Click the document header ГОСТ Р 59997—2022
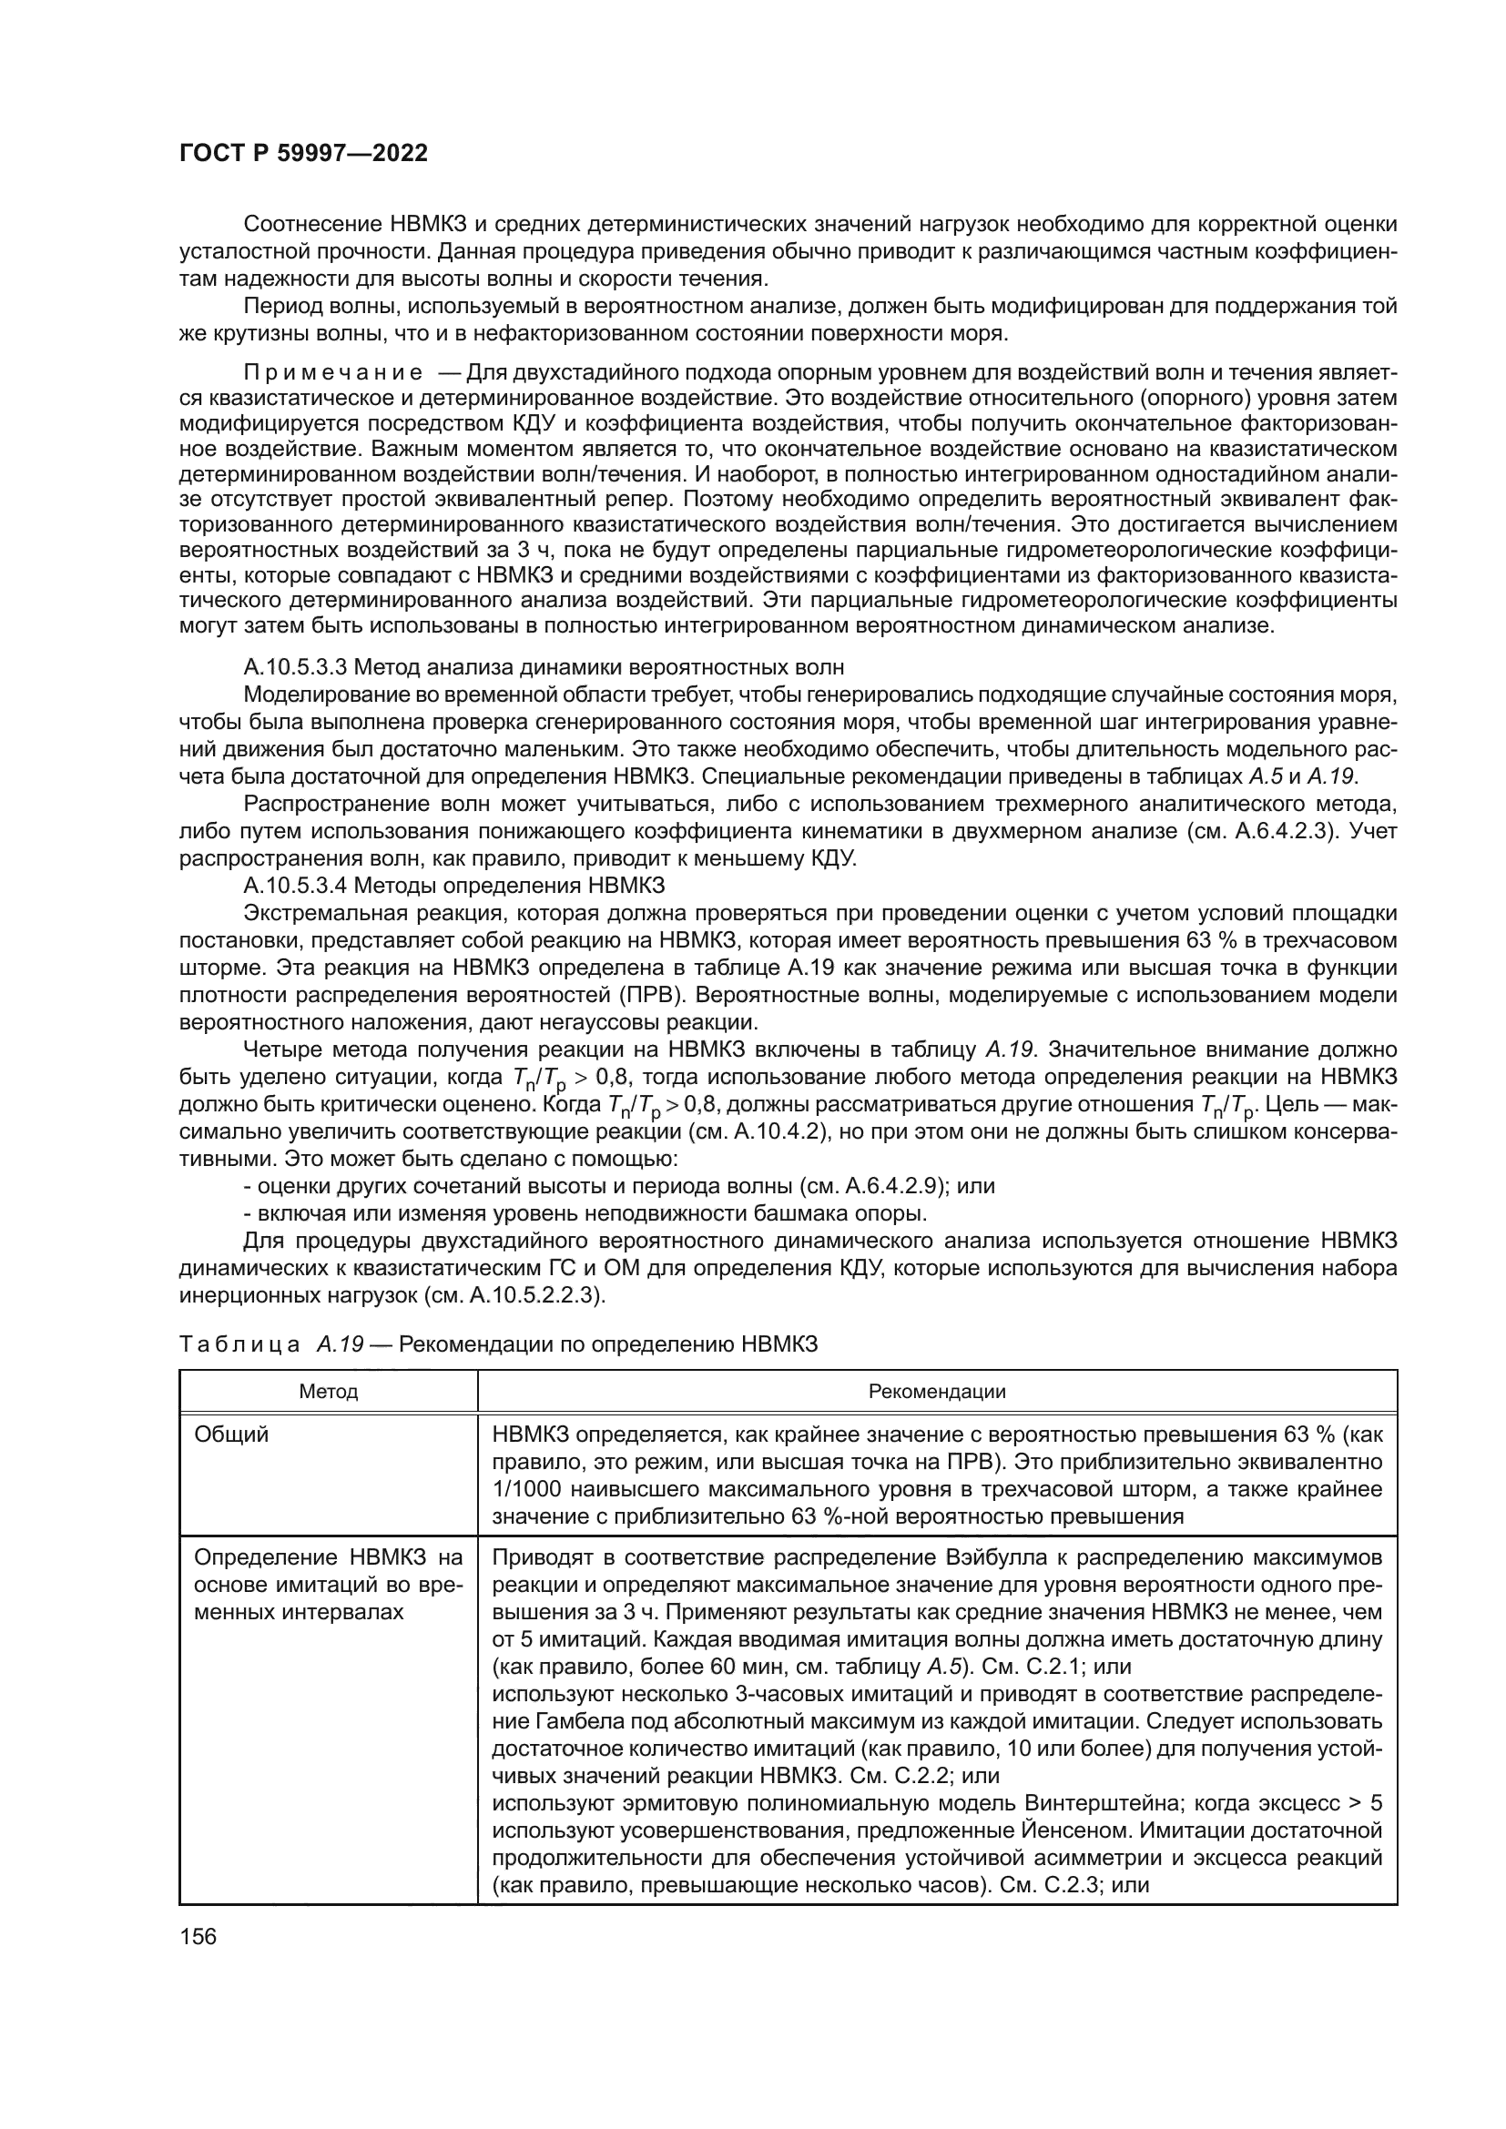tap(303, 154)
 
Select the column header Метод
tap(329, 1392)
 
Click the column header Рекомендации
tap(937, 1392)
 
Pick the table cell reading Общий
tap(231, 1435)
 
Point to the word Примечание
tap(333, 373)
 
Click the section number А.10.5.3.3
tap(294, 667)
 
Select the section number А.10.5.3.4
tap(294, 884)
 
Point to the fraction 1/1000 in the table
tap(528, 1489)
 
